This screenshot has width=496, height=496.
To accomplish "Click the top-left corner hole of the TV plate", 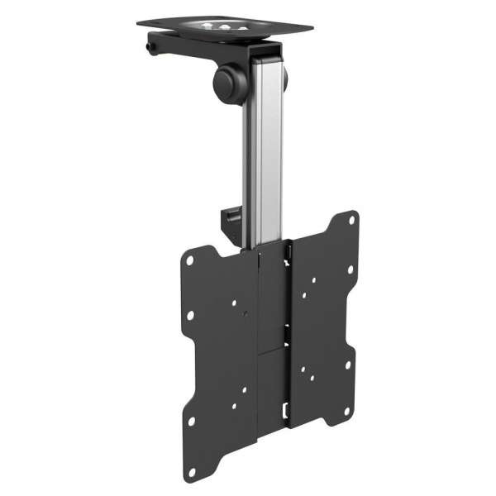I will [191, 258].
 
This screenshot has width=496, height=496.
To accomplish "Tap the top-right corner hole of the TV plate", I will [352, 221].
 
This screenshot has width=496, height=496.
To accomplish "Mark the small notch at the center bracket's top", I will [289, 245].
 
